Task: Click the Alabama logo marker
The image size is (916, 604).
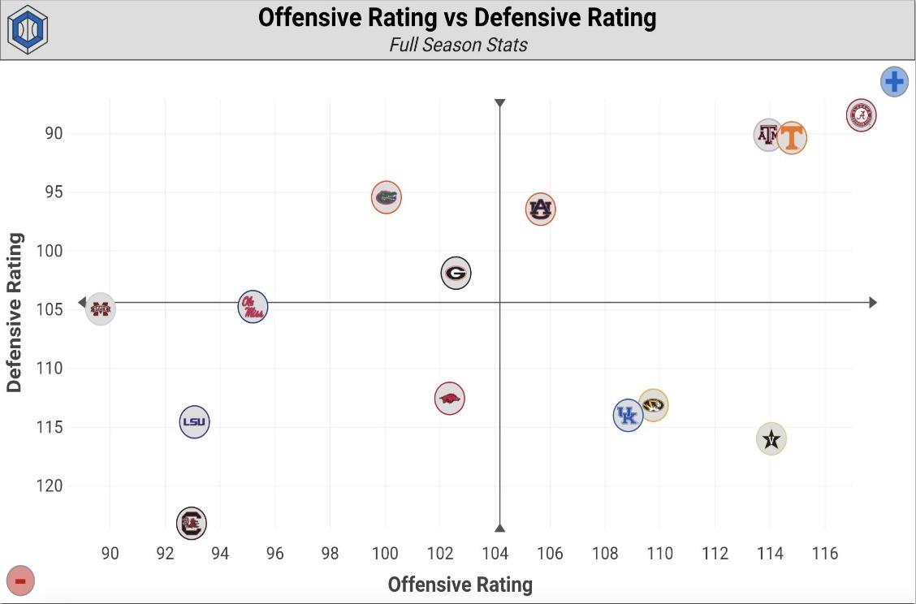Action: coord(861,115)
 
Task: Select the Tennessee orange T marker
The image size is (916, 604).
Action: coord(792,137)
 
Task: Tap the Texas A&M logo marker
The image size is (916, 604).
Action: coord(767,134)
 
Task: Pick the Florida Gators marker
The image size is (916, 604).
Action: coord(387,196)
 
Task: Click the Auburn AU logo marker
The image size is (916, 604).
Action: coord(540,209)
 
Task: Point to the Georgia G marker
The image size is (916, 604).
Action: coord(456,273)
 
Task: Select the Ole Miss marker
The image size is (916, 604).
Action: coord(253,307)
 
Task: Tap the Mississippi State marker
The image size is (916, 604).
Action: coord(100,308)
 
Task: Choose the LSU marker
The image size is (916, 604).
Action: coord(194,421)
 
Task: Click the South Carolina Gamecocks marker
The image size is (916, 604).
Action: coord(192,523)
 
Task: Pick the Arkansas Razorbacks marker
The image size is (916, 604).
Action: coord(449,399)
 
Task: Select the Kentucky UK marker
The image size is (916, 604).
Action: coord(628,416)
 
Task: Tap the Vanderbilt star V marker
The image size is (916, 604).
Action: coord(771,439)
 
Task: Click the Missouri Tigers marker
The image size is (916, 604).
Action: coord(654,404)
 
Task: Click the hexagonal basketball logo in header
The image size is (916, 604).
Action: coord(28,29)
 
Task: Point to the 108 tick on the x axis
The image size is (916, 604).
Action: coord(605,554)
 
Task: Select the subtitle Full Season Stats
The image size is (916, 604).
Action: coord(458,45)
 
